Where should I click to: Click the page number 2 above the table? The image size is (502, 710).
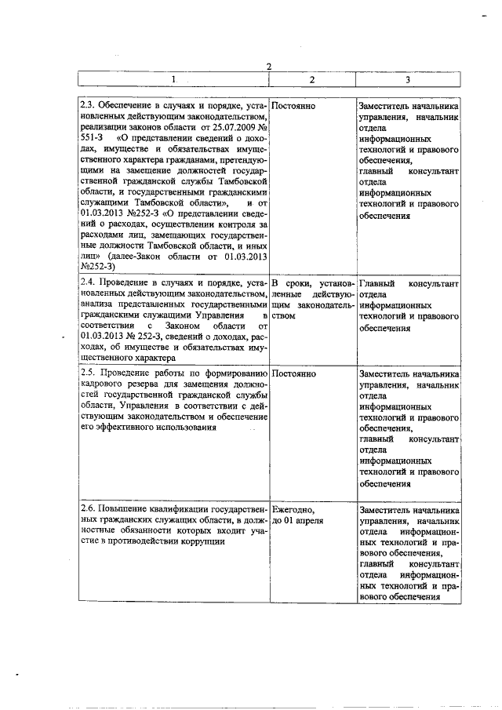coord(267,66)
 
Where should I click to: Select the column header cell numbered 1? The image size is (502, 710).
coord(173,80)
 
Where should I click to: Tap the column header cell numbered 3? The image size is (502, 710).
coord(407,80)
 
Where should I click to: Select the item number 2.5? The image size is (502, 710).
coord(89,373)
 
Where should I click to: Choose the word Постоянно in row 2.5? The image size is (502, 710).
coord(294,373)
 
